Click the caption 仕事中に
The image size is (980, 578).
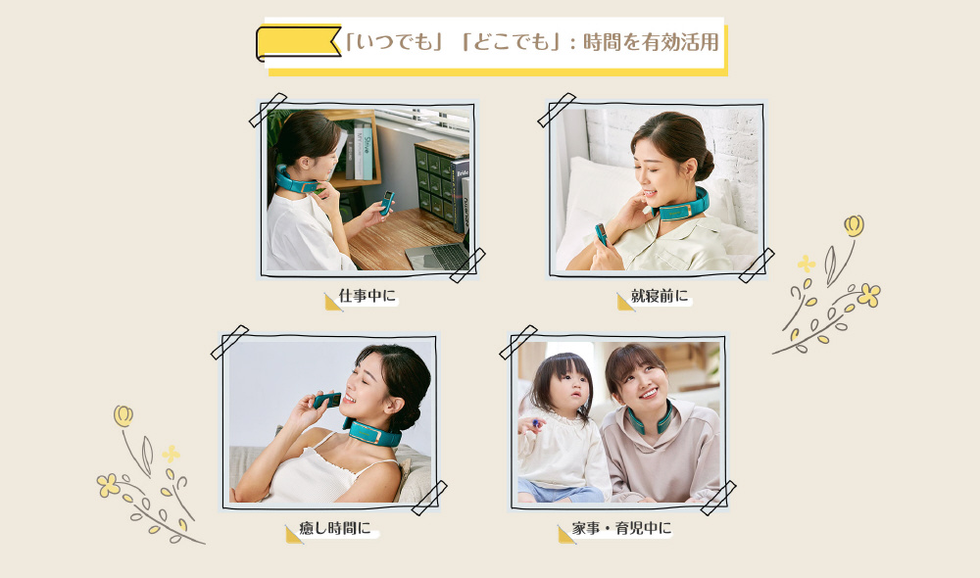click(367, 296)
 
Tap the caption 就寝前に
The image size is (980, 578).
click(660, 296)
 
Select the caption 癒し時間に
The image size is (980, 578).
click(335, 528)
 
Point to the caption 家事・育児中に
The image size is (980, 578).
click(621, 528)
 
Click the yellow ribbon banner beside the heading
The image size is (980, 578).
click(298, 43)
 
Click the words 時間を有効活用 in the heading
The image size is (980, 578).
click(651, 42)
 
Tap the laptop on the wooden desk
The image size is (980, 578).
click(437, 257)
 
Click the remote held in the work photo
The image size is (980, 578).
click(387, 203)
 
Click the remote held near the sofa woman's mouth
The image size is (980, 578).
click(326, 400)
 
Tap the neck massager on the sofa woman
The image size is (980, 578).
click(372, 432)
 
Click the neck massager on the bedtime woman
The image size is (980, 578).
click(682, 206)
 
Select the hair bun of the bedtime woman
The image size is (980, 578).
click(704, 164)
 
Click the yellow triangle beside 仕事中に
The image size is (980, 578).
click(332, 302)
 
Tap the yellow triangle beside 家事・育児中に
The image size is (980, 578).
click(565, 535)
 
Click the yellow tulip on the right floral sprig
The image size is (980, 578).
click(854, 225)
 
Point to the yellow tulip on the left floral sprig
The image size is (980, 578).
click(123, 415)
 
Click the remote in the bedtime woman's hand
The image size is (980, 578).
click(601, 234)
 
